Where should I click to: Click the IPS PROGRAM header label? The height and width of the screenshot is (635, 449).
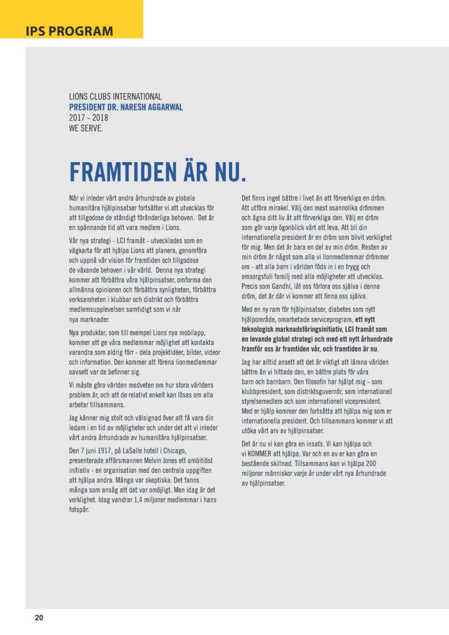point(69,31)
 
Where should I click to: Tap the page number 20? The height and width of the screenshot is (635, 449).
point(39,617)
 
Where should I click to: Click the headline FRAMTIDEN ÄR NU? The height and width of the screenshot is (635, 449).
point(158,172)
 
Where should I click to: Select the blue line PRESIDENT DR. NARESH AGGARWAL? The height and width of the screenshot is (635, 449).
point(126,107)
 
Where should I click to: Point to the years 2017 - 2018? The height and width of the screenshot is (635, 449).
point(88,118)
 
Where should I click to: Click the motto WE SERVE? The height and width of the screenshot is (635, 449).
point(86,128)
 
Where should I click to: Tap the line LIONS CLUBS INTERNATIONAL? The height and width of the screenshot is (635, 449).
point(115,96)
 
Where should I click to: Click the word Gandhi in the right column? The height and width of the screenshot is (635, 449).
point(281,286)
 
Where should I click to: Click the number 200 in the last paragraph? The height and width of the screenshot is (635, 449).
point(371,464)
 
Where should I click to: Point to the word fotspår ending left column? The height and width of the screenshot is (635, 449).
point(79,510)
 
